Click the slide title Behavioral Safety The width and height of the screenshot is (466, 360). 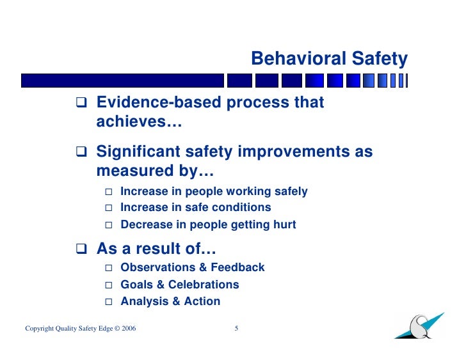click(x=329, y=59)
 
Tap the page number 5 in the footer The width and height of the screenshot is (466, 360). click(x=236, y=329)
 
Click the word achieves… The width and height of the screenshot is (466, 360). click(x=139, y=121)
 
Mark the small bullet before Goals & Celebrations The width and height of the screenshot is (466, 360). click(x=108, y=285)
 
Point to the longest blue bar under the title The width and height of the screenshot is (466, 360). click(x=122, y=80)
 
